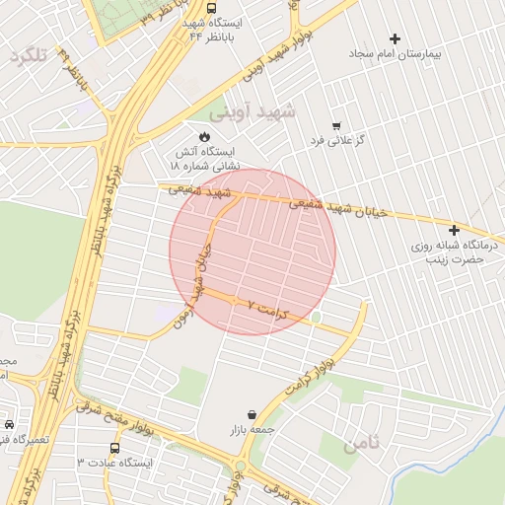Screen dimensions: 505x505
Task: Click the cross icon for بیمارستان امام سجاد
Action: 396,38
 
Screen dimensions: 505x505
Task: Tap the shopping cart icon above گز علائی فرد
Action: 336,125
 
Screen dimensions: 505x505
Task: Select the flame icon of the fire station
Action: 204,136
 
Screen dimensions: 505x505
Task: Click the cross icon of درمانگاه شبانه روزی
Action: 454,229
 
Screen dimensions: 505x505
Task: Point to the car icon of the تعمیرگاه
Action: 8,423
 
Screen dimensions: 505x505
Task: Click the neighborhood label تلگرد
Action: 28,56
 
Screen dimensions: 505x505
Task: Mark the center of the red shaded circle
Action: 252,252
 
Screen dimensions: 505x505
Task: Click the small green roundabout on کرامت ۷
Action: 316,318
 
